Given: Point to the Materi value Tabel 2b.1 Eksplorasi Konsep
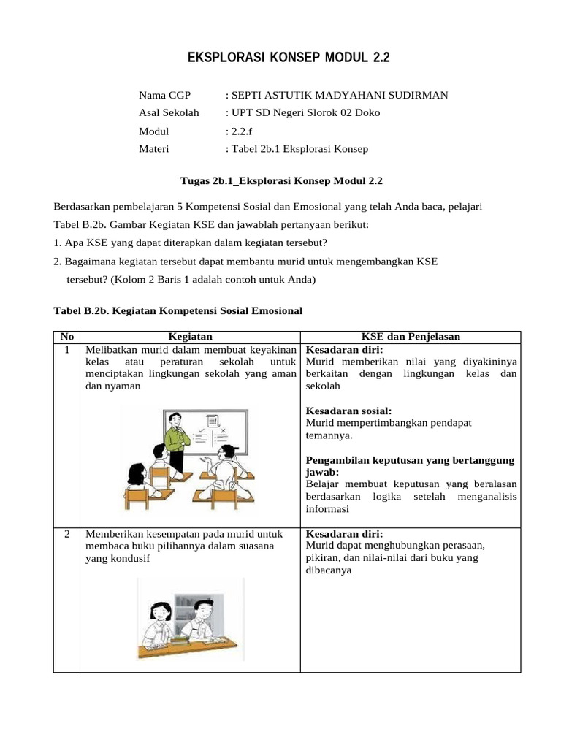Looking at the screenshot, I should (299, 149).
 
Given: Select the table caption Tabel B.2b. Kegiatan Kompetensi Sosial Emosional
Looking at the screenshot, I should (178, 310).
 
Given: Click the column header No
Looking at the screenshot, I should (66, 337).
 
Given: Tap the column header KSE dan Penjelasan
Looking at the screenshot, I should (411, 337).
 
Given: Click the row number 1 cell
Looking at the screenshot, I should (66, 350).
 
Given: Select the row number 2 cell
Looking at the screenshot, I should (66, 534).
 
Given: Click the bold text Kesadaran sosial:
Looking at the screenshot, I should (348, 411).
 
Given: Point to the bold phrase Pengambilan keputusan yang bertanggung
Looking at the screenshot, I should (409, 460).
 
